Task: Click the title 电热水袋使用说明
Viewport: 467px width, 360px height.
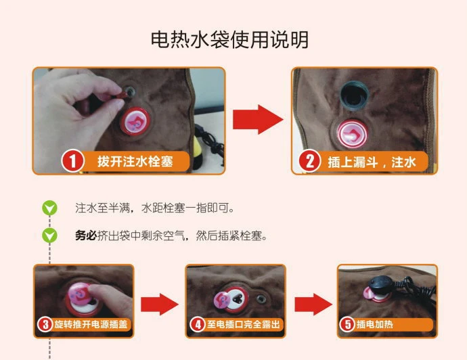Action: [229, 39]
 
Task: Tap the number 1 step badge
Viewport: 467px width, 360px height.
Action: [73, 161]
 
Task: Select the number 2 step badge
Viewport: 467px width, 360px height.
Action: [310, 161]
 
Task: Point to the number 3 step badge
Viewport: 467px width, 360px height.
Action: [45, 324]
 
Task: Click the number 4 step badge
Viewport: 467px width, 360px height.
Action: [198, 324]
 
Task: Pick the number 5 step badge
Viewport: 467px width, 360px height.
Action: [347, 324]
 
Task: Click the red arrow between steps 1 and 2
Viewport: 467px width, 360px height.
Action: [258, 119]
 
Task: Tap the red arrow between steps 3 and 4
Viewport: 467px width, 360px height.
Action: [160, 304]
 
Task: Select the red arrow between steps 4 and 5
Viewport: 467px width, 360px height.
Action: [313, 304]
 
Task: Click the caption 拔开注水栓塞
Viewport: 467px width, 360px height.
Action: [135, 161]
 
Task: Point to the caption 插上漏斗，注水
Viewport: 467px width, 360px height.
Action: [372, 162]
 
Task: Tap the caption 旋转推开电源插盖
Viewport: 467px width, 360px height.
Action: [91, 324]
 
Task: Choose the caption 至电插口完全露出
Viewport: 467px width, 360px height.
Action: [244, 324]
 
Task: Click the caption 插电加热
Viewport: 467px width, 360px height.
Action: [375, 324]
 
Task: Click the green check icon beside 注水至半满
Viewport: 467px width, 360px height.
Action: [49, 208]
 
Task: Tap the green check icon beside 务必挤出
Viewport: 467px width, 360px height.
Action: [49, 236]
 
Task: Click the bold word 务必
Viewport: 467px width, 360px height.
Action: [86, 236]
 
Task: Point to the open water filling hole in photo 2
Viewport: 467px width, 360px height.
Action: [355, 95]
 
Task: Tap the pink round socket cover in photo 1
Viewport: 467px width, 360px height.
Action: [135, 121]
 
